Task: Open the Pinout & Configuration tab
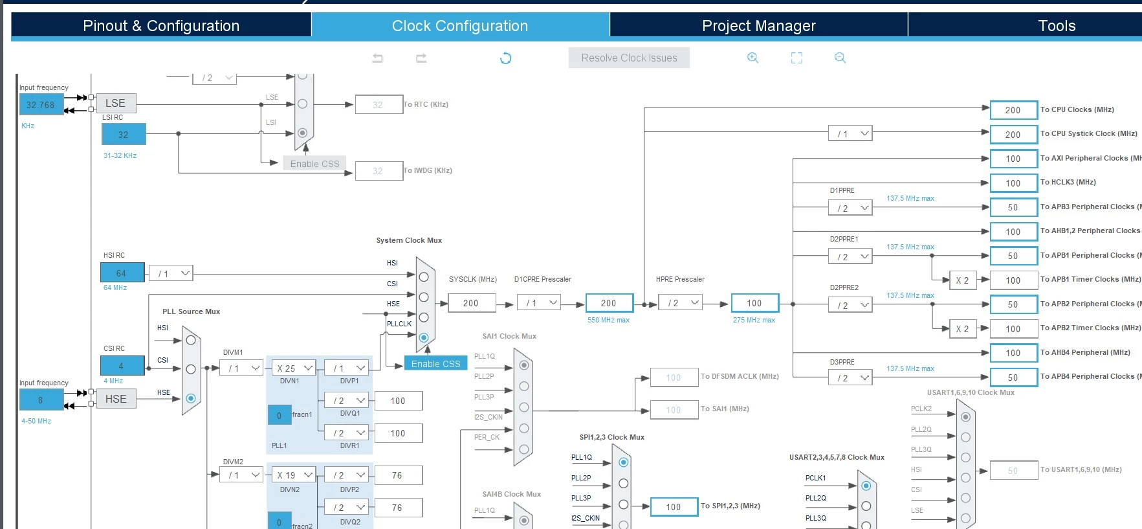click(161, 26)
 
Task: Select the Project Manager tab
click(759, 26)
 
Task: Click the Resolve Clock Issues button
click(629, 58)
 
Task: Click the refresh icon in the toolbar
click(506, 58)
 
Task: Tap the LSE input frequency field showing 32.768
click(41, 104)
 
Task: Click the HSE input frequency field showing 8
click(41, 400)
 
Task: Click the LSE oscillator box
click(116, 103)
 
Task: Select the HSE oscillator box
click(116, 399)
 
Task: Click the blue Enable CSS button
click(435, 364)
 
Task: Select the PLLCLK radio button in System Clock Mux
click(424, 337)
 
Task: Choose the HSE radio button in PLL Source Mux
click(191, 398)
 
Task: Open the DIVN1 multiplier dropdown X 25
click(294, 368)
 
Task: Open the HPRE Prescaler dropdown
click(680, 302)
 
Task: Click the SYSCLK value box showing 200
click(471, 303)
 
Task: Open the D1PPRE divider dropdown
click(850, 208)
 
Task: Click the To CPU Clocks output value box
click(1013, 110)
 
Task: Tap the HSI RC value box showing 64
click(121, 273)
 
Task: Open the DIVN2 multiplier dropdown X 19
click(294, 475)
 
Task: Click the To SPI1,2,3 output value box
click(674, 507)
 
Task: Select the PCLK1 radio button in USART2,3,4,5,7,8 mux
click(866, 486)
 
